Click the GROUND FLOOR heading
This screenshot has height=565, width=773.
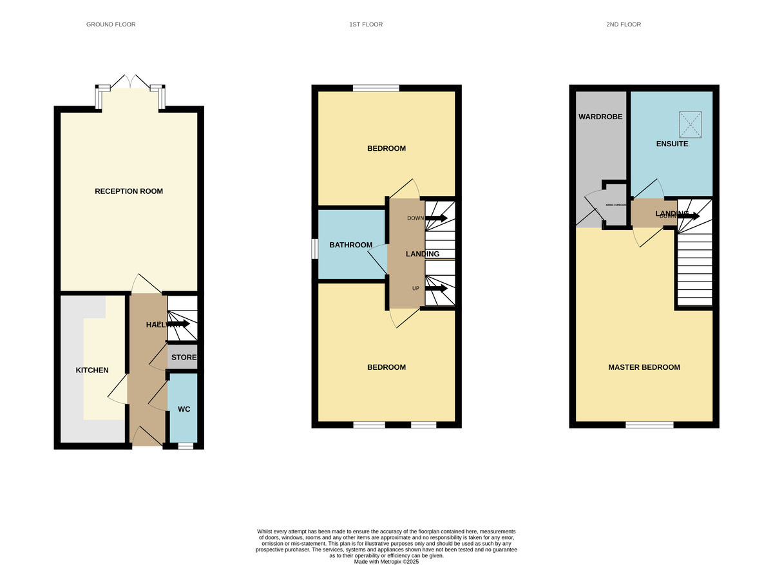pyautogui.click(x=111, y=24)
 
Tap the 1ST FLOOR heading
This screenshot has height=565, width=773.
pyautogui.click(x=366, y=24)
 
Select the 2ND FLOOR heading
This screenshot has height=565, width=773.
pyautogui.click(x=624, y=24)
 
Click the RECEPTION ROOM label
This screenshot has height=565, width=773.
pyautogui.click(x=129, y=191)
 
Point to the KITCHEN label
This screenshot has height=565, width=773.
pyautogui.click(x=92, y=370)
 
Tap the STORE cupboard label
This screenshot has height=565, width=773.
pyautogui.click(x=184, y=358)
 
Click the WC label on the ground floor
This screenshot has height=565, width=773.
pyautogui.click(x=184, y=409)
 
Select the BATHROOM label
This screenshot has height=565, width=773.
pyautogui.click(x=351, y=245)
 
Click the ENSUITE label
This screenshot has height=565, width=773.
pyautogui.click(x=673, y=144)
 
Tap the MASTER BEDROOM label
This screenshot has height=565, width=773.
pyautogui.click(x=644, y=367)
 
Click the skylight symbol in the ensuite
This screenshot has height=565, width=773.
pyautogui.click(x=690, y=121)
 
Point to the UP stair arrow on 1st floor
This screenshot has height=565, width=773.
pyautogui.click(x=435, y=288)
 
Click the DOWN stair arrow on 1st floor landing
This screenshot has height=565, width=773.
pyautogui.click(x=435, y=218)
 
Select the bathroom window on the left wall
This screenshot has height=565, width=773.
pyautogui.click(x=315, y=249)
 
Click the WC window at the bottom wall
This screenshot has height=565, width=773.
pyautogui.click(x=186, y=446)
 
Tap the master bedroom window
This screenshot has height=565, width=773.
pyautogui.click(x=649, y=425)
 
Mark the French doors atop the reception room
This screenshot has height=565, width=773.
pyautogui.click(x=131, y=84)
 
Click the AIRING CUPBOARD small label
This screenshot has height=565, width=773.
pyautogui.click(x=616, y=205)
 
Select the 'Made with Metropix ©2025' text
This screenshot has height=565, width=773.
pyautogui.click(x=386, y=562)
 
